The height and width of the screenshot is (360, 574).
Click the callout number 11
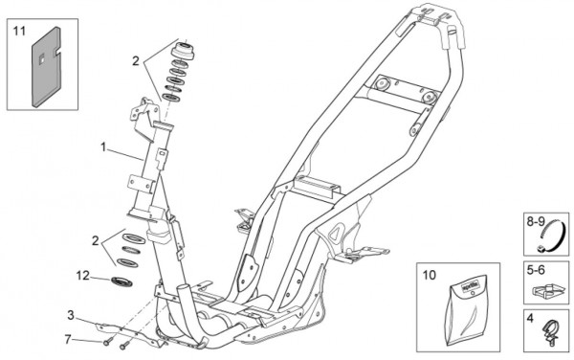[x=19, y=32]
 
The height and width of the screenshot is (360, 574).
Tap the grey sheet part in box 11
[x=47, y=68]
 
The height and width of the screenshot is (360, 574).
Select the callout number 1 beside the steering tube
[x=103, y=147]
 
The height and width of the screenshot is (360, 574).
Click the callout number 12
[x=82, y=276]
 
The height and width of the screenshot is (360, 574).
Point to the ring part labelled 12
[x=121, y=281]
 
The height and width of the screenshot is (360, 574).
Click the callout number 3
[x=71, y=315]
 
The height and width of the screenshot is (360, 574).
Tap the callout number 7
[x=67, y=340]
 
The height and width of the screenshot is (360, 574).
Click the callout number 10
[x=430, y=275]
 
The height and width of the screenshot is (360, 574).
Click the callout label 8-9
[x=536, y=222]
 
